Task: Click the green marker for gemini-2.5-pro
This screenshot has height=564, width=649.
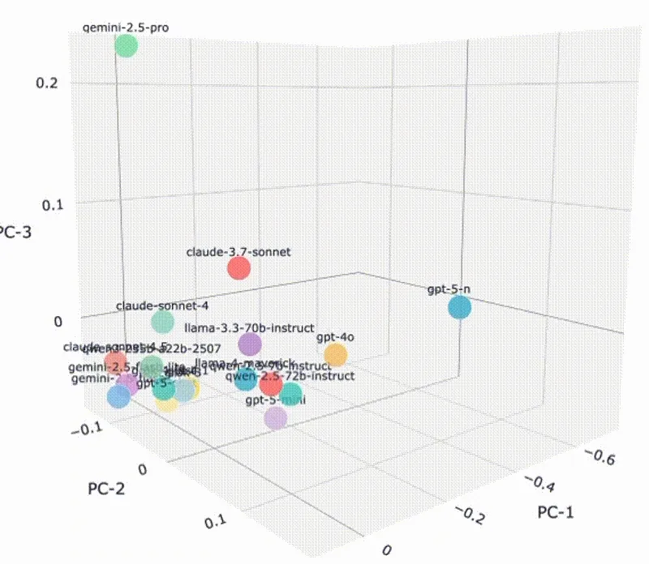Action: click(126, 45)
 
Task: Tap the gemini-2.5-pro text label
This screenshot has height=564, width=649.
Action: click(127, 28)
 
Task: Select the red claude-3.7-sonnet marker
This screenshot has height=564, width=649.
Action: click(238, 267)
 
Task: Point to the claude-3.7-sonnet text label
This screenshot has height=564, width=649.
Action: click(239, 251)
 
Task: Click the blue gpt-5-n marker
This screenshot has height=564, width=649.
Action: click(460, 308)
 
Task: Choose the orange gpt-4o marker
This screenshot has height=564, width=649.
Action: click(335, 355)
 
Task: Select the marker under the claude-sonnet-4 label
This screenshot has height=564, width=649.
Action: click(163, 323)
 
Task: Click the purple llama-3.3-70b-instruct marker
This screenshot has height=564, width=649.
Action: click(251, 344)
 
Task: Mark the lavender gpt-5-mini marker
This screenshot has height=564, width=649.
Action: click(276, 417)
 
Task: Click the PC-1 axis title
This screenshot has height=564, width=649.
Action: click(561, 512)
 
